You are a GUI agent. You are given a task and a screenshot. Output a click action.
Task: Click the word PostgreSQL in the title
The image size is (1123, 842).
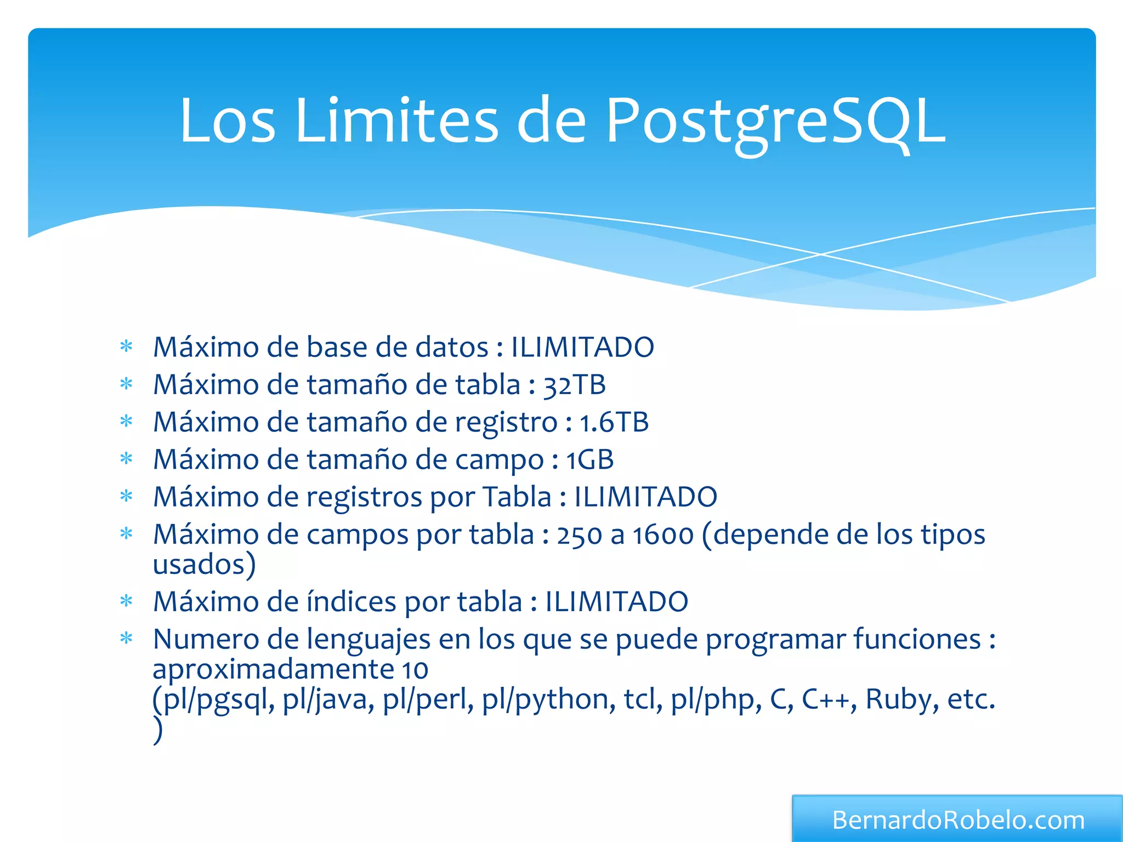pyautogui.click(x=775, y=122)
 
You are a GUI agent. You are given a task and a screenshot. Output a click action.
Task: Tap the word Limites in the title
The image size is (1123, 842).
pyautogui.click(x=396, y=122)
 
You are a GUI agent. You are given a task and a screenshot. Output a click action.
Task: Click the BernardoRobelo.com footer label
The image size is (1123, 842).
pyautogui.click(x=958, y=820)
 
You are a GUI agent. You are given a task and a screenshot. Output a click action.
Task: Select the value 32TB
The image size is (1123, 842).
pyautogui.click(x=575, y=385)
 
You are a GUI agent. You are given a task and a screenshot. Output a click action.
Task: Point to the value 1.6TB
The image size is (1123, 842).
pyautogui.click(x=614, y=422)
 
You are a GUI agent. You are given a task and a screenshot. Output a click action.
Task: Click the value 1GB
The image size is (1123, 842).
pyautogui.click(x=590, y=459)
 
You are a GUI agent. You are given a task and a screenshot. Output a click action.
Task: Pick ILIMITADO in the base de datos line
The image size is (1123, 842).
pyautogui.click(x=582, y=348)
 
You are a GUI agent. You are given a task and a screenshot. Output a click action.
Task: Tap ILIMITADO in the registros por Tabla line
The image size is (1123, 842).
pyautogui.click(x=645, y=497)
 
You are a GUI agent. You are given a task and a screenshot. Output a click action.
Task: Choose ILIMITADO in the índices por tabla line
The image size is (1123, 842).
pyautogui.click(x=617, y=602)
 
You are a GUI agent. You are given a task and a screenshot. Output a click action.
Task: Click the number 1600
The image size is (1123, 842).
pyautogui.click(x=663, y=535)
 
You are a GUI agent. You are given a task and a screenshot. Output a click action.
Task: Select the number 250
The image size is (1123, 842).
pyautogui.click(x=580, y=535)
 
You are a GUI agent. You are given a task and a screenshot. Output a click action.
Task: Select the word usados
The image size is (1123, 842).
pyautogui.click(x=198, y=565)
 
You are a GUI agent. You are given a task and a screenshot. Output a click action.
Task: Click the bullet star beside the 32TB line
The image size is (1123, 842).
pyautogui.click(x=127, y=384)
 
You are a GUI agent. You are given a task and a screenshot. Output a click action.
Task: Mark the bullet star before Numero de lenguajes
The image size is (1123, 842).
pyautogui.click(x=127, y=639)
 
